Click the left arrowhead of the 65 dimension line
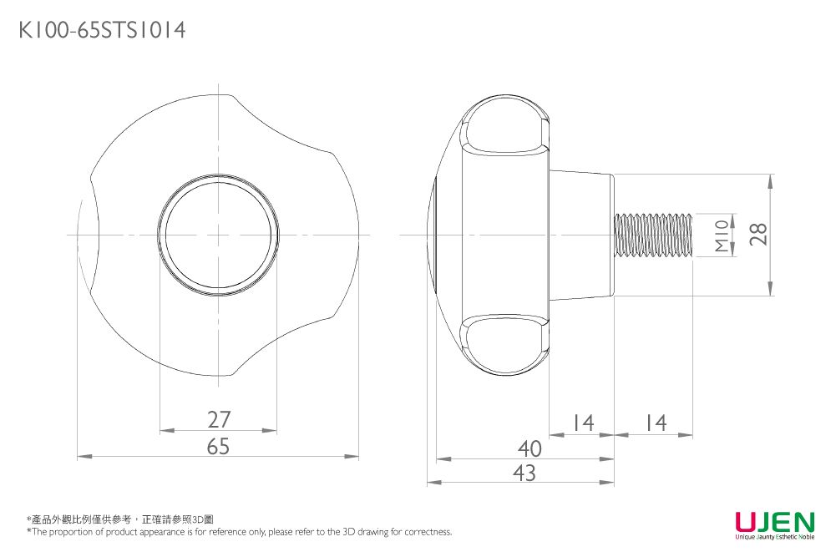coord(85,456)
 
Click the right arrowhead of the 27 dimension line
coord(270,430)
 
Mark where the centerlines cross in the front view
coord(219,235)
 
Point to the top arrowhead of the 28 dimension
coord(770,182)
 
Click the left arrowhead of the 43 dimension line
coord(434,483)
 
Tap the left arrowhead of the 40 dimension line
coord(443,458)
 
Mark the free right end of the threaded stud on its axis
coord(692,235)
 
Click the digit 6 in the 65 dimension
coord(212,447)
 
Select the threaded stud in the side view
coord(654,235)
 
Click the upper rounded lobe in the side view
coord(504,126)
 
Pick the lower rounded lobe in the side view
coord(504,344)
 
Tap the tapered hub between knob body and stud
coord(581,235)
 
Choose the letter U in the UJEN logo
coord(745,521)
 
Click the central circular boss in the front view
coord(219,235)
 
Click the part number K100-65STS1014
coord(103,30)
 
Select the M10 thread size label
coord(722,236)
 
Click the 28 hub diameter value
coord(758,234)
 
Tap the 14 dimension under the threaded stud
coord(656,423)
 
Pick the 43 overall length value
coord(524,473)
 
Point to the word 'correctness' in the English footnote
coord(428,531)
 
